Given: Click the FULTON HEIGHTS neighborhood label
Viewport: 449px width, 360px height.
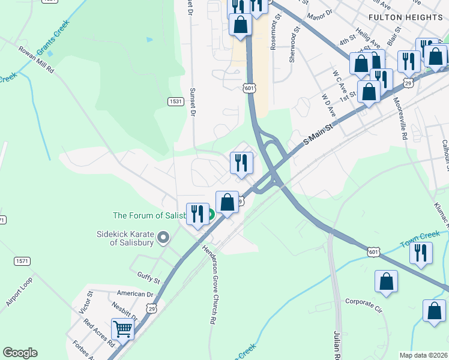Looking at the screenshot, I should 406,17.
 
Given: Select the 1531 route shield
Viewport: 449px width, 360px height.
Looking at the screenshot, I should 175,102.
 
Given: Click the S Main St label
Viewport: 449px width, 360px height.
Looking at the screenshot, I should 318,134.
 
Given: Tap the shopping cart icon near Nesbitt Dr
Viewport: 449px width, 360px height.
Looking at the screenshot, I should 122,328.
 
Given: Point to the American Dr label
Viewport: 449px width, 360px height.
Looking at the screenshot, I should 136,294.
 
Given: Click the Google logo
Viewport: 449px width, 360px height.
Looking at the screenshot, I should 20,353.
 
